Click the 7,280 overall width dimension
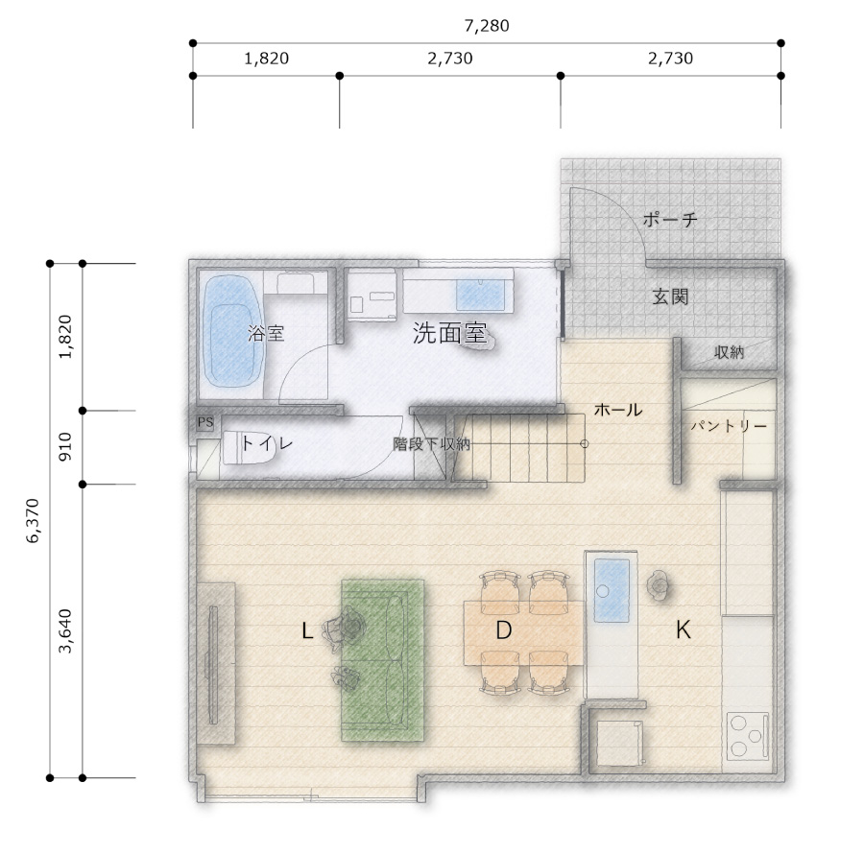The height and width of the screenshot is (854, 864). [x=487, y=26]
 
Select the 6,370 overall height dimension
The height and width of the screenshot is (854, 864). [x=33, y=521]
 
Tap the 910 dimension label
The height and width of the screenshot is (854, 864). [x=65, y=447]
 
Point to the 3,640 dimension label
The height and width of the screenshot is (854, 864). [x=65, y=631]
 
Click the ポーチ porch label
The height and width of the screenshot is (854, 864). [x=670, y=220]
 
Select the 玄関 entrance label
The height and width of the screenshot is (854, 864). [x=671, y=297]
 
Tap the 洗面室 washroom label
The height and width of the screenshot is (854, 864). [x=449, y=333]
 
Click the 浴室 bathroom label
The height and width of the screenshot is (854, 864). [x=266, y=333]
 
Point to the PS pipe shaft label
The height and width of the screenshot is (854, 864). [x=205, y=422]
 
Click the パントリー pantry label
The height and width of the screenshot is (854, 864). [x=729, y=426]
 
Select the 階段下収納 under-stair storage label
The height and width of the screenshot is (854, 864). [x=431, y=444]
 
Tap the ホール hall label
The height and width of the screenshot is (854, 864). [x=617, y=410]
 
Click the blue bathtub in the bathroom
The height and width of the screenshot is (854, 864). [x=232, y=330]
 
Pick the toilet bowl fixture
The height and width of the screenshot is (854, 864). [x=248, y=447]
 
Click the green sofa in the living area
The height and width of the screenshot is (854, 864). [x=382, y=659]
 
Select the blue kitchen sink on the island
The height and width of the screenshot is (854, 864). [x=612, y=590]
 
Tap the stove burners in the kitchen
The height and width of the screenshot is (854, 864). [x=747, y=736]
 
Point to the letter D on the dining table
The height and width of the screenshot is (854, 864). [x=504, y=630]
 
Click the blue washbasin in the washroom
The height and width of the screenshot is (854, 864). [x=481, y=295]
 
